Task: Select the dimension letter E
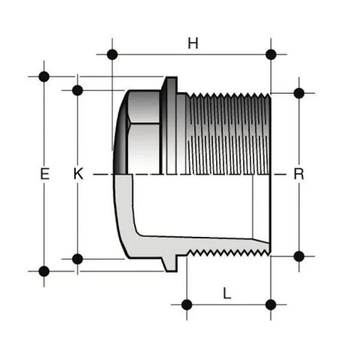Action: point(44,174)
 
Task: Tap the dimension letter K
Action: point(77,174)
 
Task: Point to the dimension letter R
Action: point(299,174)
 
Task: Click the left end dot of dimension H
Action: point(112,54)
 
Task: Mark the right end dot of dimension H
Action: point(271,54)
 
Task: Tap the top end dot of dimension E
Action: point(44,76)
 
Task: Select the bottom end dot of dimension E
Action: point(44,271)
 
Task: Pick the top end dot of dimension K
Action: point(77,90)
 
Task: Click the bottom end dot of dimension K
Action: point(77,259)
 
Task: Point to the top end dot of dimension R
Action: point(299,93)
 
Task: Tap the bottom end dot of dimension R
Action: point(299,256)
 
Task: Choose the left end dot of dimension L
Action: point(187,304)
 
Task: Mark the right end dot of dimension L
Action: point(271,304)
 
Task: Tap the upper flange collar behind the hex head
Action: point(170,126)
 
